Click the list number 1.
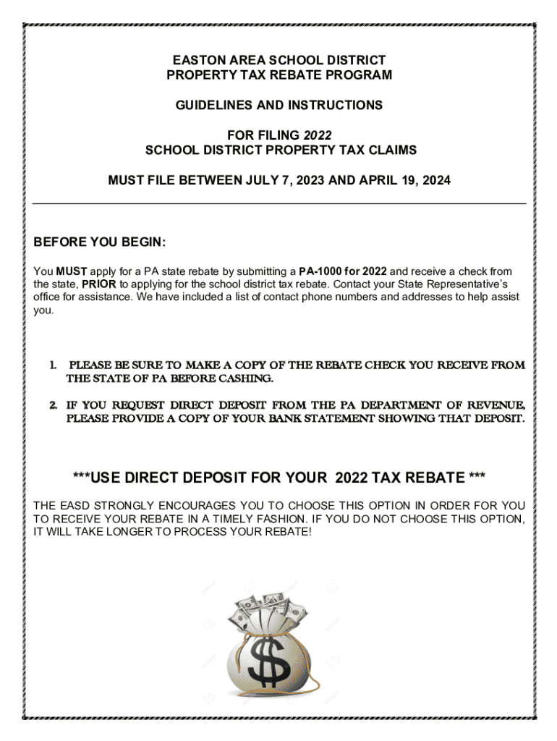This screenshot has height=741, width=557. [x=54, y=365]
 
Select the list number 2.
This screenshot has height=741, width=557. [x=54, y=405]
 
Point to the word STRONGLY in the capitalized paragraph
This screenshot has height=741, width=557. [x=117, y=506]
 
